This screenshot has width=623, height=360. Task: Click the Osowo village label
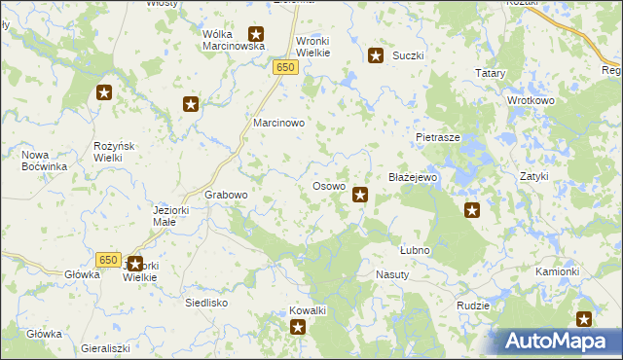coord(328,186)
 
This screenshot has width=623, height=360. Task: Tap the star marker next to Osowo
coord(360,196)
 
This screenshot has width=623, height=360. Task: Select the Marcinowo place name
coord(279,125)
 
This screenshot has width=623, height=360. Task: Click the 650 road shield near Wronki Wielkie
coord(284,67)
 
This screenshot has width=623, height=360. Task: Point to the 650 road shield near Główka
coord(108,260)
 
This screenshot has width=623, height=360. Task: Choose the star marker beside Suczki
coord(375,55)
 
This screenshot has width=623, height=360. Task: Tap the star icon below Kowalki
coord(298,328)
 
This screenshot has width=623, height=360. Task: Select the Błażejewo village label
coord(415,179)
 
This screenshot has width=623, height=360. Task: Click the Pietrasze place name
coord(437,138)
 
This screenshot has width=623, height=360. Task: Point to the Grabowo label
coord(226,195)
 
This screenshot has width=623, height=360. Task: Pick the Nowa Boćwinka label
coord(44,161)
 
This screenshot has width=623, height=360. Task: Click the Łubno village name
coord(415,250)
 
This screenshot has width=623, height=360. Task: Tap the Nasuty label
coord(393,275)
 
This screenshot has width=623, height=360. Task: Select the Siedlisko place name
coord(206,303)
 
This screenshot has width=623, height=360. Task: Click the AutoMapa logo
coord(556,341)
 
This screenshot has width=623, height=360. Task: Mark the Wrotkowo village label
coord(530,100)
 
